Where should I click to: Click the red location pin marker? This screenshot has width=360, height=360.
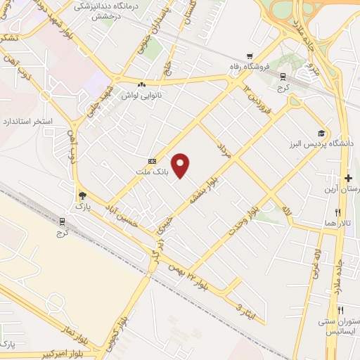coord(181,165)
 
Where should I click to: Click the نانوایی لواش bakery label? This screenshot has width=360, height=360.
coord(141,94)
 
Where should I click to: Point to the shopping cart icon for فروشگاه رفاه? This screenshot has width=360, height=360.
coord(249,56)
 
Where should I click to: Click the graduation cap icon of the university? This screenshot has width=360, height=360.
coord(321,134)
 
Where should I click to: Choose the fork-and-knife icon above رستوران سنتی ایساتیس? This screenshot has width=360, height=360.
coord(340,310)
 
